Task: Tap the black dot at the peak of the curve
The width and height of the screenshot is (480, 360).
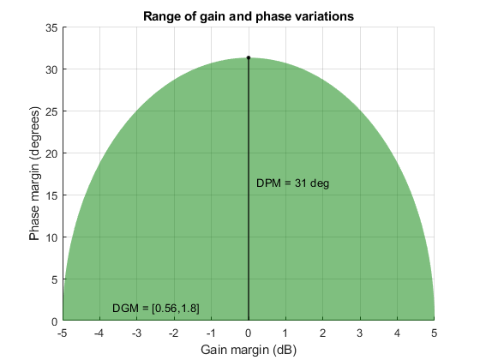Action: click(249, 58)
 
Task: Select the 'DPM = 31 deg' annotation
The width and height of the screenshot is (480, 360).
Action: click(292, 183)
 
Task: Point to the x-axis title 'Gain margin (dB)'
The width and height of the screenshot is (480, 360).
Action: click(248, 350)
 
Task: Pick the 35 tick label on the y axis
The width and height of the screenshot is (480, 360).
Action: click(51, 27)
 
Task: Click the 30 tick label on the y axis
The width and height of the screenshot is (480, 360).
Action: click(51, 69)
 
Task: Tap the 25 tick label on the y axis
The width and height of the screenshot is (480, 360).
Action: click(51, 111)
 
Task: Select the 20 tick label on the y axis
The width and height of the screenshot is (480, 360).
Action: click(51, 153)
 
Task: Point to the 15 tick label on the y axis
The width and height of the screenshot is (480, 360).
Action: click(51, 195)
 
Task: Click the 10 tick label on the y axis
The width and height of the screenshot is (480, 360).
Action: click(51, 237)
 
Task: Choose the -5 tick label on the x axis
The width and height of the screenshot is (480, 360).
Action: click(62, 333)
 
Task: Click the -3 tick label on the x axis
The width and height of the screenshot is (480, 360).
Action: click(136, 333)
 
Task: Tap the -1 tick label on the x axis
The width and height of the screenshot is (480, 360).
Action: click(210, 333)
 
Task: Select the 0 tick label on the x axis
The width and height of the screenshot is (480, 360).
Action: click(249, 333)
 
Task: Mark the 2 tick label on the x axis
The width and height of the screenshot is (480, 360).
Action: click(323, 333)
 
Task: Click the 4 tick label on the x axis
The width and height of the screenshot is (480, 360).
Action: click(397, 333)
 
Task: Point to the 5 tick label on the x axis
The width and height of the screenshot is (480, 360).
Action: click(435, 333)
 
